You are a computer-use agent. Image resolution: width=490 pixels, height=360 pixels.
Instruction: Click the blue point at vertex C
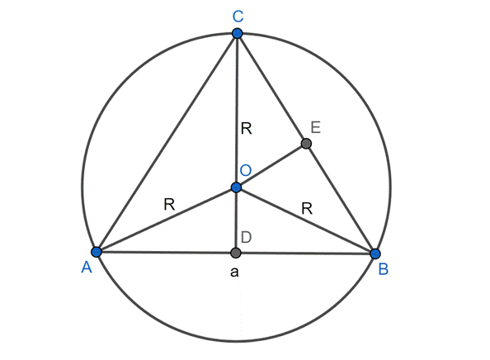(238, 33)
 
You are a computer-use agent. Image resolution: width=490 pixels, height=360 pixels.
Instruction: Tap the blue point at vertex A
(97, 252)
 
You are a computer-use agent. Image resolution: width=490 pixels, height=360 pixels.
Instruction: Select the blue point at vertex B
(375, 253)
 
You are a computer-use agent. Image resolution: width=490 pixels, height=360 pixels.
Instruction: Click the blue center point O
(236, 187)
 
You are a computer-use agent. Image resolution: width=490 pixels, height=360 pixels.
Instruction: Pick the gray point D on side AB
(236, 253)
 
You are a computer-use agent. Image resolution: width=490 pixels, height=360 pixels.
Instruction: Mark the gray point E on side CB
(306, 144)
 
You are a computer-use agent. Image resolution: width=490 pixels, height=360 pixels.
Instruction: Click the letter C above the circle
(238, 17)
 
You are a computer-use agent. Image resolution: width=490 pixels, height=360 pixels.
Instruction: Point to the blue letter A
(87, 268)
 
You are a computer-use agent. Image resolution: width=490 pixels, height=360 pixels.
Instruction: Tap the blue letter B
(384, 269)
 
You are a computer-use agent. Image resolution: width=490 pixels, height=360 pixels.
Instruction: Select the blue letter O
(246, 170)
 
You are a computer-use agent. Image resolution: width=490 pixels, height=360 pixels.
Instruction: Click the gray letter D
(247, 238)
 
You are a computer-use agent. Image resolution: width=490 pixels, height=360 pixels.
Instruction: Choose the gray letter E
(316, 128)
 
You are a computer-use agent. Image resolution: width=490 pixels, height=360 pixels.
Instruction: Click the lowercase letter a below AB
(234, 272)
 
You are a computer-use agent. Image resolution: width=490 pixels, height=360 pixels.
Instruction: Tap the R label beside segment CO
(247, 129)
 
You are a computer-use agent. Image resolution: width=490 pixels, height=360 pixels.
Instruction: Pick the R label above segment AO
(169, 205)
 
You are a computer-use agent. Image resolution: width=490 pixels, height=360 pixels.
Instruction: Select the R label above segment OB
(307, 208)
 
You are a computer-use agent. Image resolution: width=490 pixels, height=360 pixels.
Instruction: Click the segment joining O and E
(271, 165)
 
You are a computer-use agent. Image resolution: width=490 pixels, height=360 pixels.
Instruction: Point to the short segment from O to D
(236, 220)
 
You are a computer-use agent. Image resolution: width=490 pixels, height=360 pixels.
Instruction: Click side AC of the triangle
(167, 142)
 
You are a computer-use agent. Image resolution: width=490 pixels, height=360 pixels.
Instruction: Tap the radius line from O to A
(167, 220)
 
